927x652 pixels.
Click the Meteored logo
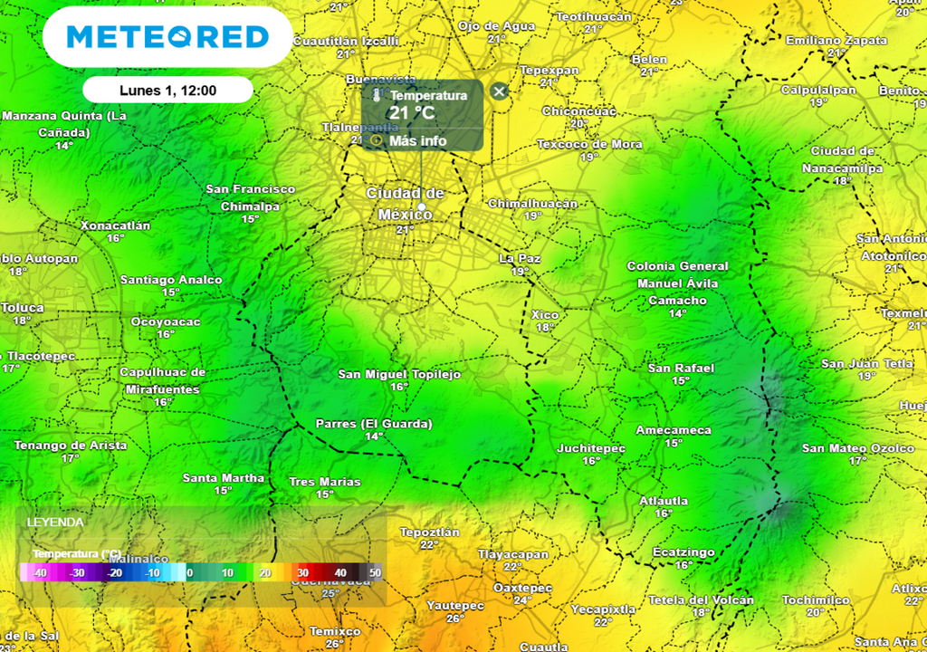[x=167, y=36]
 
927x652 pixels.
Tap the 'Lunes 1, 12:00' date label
[x=167, y=90]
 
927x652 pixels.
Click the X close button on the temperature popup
[x=499, y=91]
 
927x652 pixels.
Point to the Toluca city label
[x=22, y=308]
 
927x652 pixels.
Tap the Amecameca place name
[x=674, y=430]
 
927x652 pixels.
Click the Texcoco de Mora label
[x=589, y=144]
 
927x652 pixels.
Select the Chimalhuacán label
[x=532, y=204]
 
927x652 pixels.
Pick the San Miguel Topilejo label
[x=399, y=374]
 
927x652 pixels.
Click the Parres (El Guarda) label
[x=374, y=424]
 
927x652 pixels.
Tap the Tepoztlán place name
[x=430, y=532]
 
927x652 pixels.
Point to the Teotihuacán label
[x=593, y=17]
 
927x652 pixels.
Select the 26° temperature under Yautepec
[x=455, y=618]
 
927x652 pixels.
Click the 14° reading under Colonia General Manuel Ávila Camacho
[x=677, y=313]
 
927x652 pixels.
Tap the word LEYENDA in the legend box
[x=55, y=523]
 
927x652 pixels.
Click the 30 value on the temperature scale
[x=303, y=573]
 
